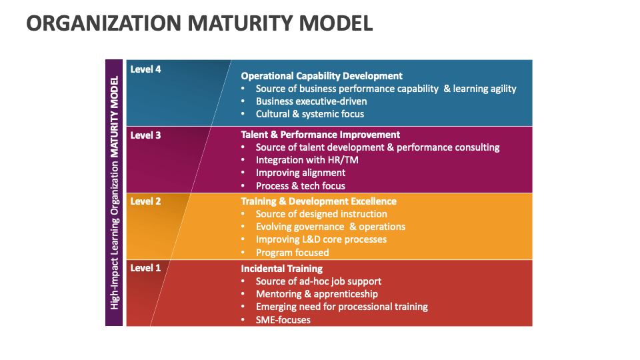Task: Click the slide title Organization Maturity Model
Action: click(x=199, y=23)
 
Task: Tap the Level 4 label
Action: click(x=145, y=69)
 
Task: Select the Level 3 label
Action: click(x=145, y=135)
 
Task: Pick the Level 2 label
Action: click(x=145, y=201)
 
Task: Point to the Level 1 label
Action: click(x=145, y=268)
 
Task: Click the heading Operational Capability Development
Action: click(x=321, y=76)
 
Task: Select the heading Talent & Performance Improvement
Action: click(x=320, y=135)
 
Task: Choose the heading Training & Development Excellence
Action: click(x=319, y=201)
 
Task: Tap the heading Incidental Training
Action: click(x=281, y=269)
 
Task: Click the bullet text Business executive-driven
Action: click(x=311, y=101)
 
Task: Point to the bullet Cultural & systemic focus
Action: click(x=310, y=114)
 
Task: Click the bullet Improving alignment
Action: click(x=301, y=173)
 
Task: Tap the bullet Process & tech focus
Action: click(x=300, y=186)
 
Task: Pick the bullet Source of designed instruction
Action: click(x=321, y=214)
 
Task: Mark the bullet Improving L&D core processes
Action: click(x=321, y=239)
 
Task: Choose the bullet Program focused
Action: click(x=292, y=253)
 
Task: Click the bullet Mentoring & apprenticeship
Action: click(x=317, y=294)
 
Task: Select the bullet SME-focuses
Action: click(x=283, y=320)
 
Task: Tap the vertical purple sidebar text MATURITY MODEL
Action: click(x=114, y=117)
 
